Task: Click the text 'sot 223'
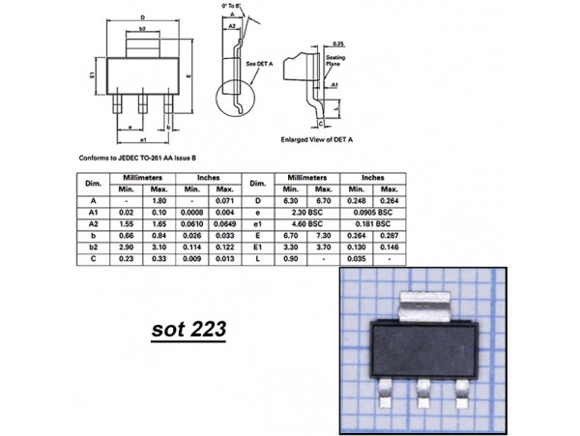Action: pos(188,330)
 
